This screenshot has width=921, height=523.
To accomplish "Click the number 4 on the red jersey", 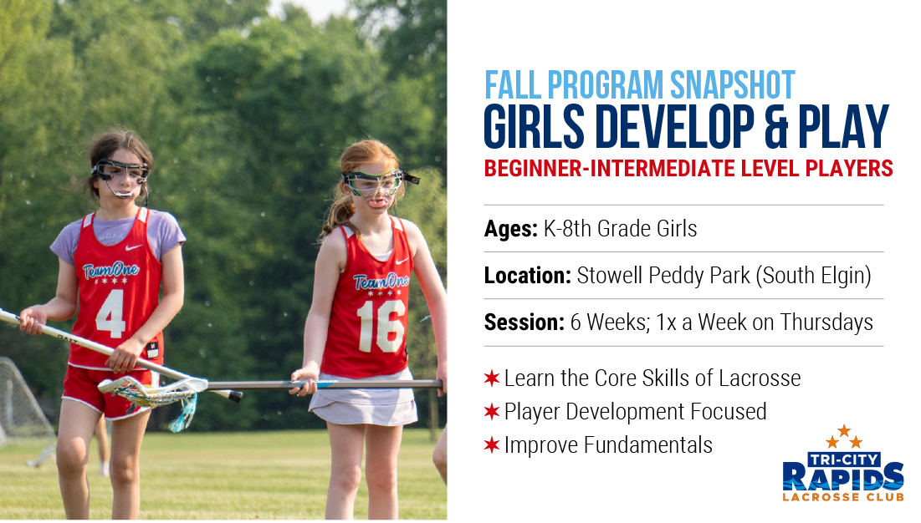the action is [110, 313].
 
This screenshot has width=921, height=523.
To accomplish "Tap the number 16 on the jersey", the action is [381, 326].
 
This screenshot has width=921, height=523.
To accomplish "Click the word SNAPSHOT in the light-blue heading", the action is [732, 85].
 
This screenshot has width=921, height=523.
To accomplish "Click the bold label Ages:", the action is [510, 229].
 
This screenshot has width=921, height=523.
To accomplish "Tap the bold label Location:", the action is [527, 276].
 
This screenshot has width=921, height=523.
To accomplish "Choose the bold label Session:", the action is [524, 322].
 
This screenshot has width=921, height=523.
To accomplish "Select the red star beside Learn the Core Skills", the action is [492, 378].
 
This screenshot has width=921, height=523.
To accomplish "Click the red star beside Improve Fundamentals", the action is [492, 445].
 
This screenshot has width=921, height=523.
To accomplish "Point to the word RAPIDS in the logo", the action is [843, 476].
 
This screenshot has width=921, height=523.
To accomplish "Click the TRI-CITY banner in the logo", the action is [843, 460].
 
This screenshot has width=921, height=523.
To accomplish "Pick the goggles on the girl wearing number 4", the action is [120, 171].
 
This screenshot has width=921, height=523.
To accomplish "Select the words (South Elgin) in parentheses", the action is [813, 276].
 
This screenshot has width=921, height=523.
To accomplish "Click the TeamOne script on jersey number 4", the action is [110, 271].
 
